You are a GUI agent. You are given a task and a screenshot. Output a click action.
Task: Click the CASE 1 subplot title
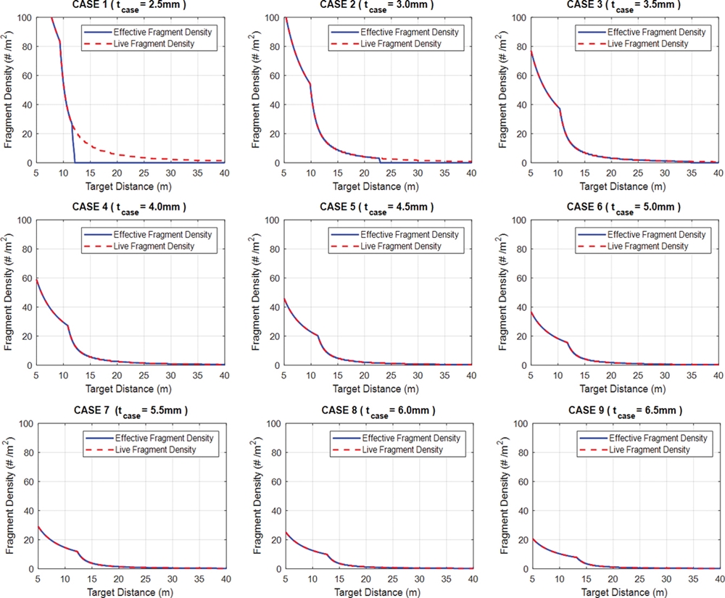[138, 4]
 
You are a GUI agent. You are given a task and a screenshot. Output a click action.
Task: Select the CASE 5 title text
[377, 207]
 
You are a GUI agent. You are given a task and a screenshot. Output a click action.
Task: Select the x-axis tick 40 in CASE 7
[225, 578]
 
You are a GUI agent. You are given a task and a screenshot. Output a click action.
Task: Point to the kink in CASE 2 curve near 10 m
[310, 84]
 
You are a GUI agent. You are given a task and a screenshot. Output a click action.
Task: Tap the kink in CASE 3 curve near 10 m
[560, 109]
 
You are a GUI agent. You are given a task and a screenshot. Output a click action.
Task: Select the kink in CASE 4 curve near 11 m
[68, 325]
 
